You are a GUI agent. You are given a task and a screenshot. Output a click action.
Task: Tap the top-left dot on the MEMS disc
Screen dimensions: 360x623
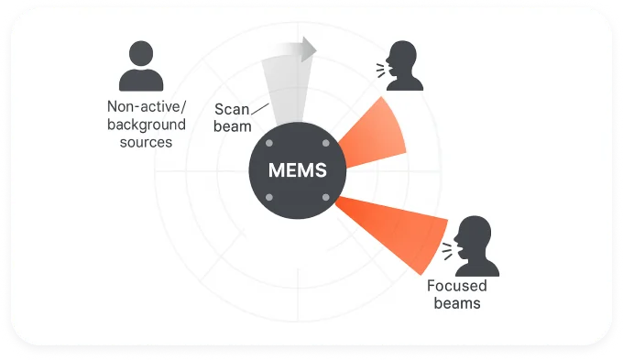tap(268, 145)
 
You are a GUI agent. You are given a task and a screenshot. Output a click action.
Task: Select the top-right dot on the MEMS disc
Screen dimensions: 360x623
tap(325, 145)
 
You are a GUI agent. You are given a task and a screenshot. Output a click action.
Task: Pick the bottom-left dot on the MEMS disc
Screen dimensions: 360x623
tap(268, 198)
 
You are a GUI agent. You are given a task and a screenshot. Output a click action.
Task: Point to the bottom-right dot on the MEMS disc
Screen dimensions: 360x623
tap(325, 198)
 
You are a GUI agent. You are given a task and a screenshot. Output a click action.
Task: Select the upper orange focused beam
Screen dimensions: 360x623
tap(376, 133)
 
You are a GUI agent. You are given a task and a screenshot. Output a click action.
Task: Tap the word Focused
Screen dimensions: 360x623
tap(454, 286)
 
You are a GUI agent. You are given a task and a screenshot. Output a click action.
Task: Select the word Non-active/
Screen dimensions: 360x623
tap(147, 106)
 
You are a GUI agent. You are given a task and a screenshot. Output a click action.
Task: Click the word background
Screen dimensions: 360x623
tap(147, 124)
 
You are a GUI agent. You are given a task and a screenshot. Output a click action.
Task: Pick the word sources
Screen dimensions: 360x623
tap(147, 142)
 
